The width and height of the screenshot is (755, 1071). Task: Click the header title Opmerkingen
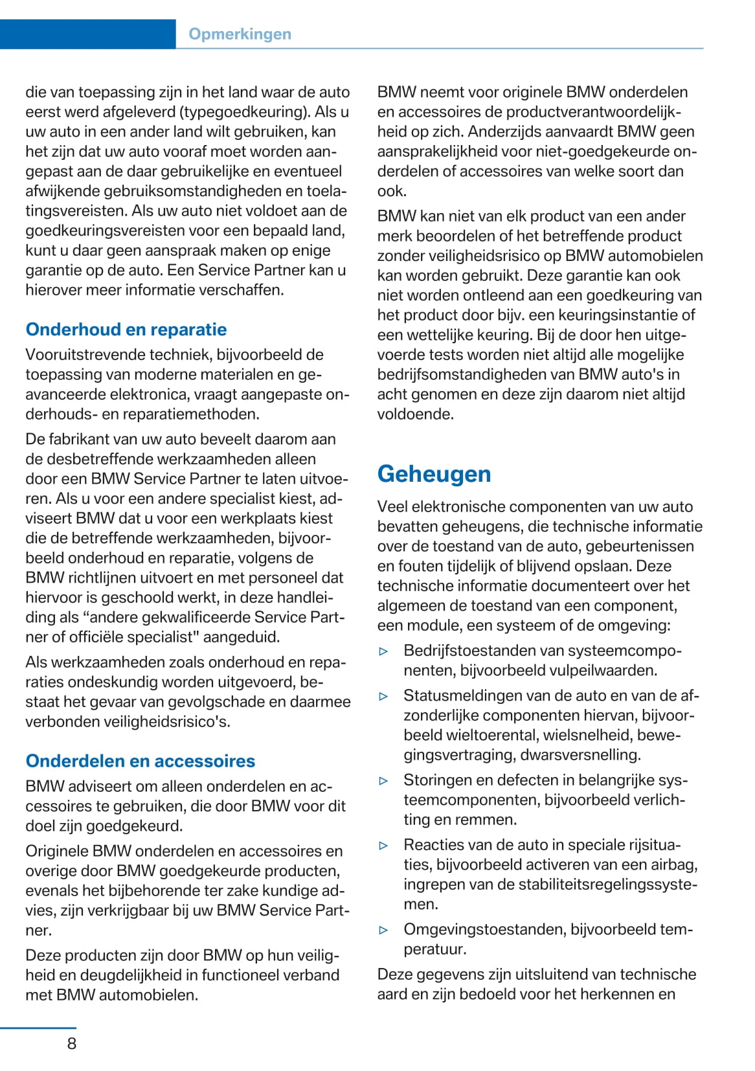[240, 34]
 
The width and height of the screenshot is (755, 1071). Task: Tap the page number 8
[71, 1043]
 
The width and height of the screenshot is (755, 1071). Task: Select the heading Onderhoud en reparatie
[126, 330]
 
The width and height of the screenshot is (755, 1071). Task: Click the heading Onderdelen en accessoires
[141, 761]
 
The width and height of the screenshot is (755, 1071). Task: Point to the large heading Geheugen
[434, 474]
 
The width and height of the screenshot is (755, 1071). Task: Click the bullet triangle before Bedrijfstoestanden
[383, 651]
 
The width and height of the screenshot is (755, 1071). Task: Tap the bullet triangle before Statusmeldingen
[383, 697]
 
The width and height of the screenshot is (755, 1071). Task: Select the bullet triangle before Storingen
[383, 781]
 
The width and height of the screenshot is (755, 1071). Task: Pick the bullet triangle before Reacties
[383, 846]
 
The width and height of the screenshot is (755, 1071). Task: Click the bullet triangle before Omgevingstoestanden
[383, 930]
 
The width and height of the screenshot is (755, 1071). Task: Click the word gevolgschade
[214, 702]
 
